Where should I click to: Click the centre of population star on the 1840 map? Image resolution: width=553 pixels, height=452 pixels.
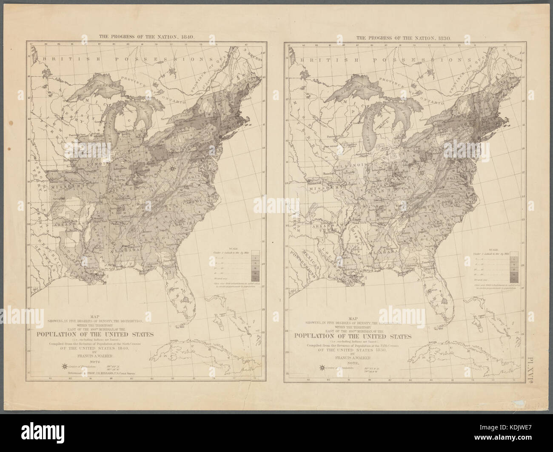(x=172, y=169)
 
